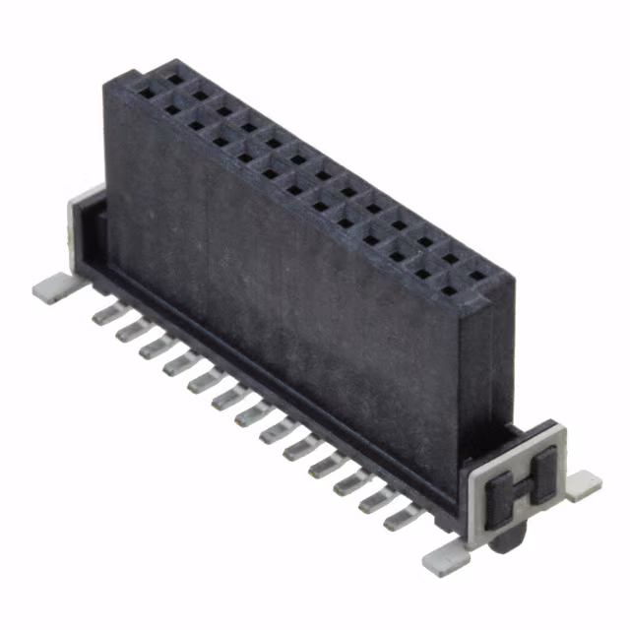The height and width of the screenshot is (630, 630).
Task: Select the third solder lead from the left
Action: point(151,346)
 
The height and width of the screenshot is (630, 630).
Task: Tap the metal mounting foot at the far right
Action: point(583,481)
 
